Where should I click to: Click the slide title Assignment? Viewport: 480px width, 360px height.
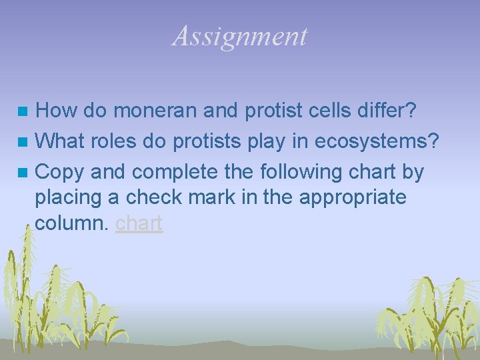point(240,36)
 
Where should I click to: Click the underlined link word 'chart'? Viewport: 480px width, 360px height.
point(139,223)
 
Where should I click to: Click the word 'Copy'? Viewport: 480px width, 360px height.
point(60,172)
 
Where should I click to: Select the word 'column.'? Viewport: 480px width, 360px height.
point(72,223)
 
